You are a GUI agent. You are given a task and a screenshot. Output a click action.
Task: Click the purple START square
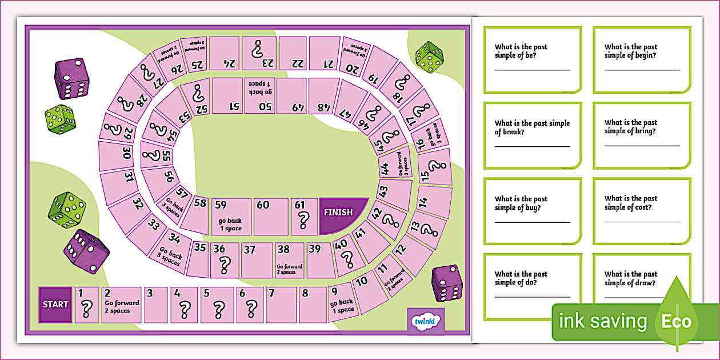tap(55, 305)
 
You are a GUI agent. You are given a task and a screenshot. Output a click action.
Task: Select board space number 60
tap(270, 217)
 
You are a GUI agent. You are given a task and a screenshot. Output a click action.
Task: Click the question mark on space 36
tap(224, 265)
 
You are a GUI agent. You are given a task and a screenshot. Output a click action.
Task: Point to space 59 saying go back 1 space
tap(231, 217)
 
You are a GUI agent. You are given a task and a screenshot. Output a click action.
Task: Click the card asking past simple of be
tap(532, 59)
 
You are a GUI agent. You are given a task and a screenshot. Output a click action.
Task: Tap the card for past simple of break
tap(532, 135)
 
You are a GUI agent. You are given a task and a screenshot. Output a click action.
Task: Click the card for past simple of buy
tap(532, 211)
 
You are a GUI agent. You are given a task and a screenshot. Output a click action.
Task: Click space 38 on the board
tap(290, 261)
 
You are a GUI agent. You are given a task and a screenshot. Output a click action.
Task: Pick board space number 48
tap(323, 96)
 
